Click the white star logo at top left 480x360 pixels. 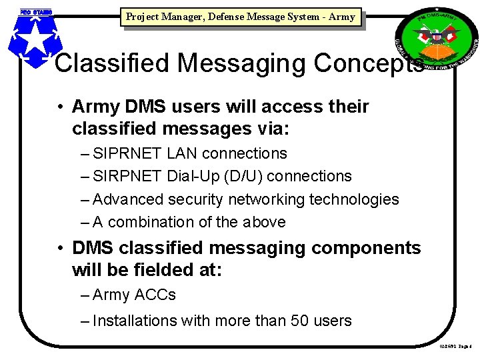pyautogui.click(x=31, y=39)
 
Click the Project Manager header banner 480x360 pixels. pyautogui.click(x=240, y=17)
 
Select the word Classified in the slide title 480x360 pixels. pyautogui.click(x=113, y=63)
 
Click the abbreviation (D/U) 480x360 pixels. pyautogui.click(x=247, y=177)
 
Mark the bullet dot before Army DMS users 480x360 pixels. pyautogui.click(x=60, y=107)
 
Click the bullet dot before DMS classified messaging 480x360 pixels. pyautogui.click(x=60, y=248)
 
